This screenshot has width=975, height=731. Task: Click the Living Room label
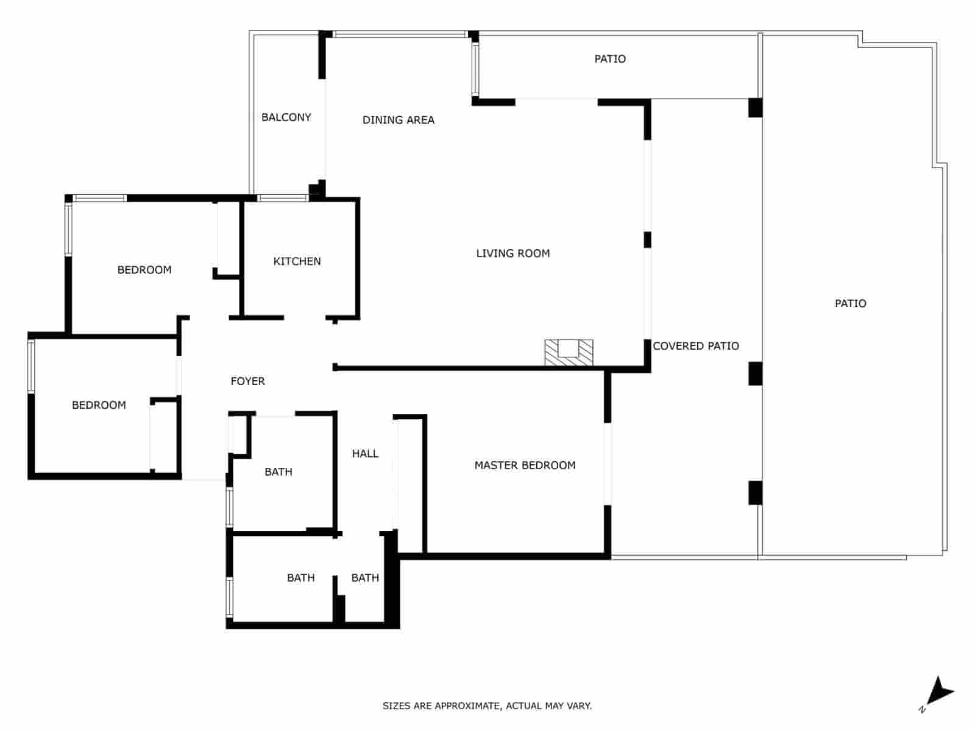(x=512, y=253)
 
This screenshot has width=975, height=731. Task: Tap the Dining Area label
(x=398, y=120)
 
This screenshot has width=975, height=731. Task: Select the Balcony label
(x=286, y=117)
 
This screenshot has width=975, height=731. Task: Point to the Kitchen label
(x=297, y=261)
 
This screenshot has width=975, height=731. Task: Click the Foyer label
(x=247, y=381)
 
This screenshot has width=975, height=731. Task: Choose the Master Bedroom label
(x=525, y=465)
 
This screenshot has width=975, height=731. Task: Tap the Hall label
(x=365, y=453)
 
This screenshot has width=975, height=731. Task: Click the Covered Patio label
(x=696, y=346)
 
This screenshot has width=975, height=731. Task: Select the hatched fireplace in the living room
(x=569, y=353)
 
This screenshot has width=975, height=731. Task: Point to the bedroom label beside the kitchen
(x=144, y=270)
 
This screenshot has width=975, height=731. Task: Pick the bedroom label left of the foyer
(x=99, y=405)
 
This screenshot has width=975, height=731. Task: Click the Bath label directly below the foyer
(x=278, y=471)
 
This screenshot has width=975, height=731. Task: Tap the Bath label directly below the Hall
(x=365, y=577)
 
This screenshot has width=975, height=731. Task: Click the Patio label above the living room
(x=610, y=59)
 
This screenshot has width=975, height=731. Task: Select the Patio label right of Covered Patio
(x=850, y=303)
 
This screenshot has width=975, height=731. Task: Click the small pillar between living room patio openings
(x=647, y=239)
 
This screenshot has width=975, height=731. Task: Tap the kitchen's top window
(x=283, y=198)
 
